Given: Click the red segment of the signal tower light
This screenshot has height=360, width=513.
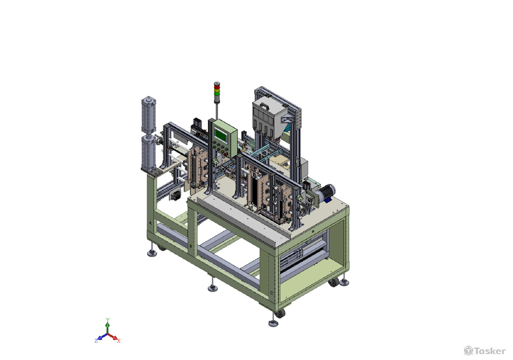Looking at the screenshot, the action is coord(216,85).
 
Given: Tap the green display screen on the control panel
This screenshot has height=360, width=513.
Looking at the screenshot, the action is coord(221,135).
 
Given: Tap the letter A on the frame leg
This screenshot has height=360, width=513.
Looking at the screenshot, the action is coord(150,223).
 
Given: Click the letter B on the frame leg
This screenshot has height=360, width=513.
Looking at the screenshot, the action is coord(191,245).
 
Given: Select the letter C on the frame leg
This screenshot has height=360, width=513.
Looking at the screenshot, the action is coord(271,293).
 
